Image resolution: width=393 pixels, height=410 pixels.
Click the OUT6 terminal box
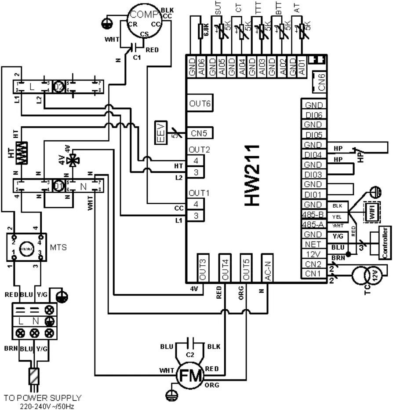[200, 104]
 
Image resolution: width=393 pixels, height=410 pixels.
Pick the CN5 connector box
[200, 132]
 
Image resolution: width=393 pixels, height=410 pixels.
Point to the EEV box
[161, 133]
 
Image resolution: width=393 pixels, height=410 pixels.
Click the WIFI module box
[371, 211]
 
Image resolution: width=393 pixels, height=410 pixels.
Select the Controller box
[384, 243]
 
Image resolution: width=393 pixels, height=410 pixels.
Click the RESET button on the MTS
[26, 247]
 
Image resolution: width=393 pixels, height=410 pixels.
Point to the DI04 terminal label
[314, 155]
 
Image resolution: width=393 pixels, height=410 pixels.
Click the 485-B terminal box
[314, 214]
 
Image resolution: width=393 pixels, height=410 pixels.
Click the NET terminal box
[314, 245]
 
